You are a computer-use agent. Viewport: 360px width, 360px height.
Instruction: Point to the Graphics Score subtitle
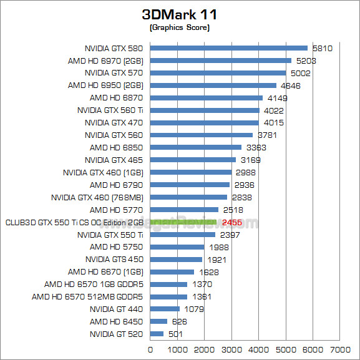click(x=179, y=27)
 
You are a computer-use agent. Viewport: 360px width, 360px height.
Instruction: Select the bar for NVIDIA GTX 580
click(x=229, y=48)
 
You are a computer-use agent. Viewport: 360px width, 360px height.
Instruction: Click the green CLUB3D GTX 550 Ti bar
click(x=183, y=222)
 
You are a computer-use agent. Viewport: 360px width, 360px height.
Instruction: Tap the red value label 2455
click(x=231, y=222)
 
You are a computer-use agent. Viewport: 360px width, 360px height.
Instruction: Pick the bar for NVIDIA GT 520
click(x=157, y=334)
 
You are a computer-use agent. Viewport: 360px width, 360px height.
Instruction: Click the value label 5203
click(x=307, y=61)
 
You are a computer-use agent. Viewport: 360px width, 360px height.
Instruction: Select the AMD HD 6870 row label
click(x=116, y=98)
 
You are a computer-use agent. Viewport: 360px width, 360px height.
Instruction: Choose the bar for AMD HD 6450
click(x=158, y=321)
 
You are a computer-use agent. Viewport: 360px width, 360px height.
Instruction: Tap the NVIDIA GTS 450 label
click(x=114, y=260)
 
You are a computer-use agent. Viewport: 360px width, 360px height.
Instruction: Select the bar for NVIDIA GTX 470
click(x=205, y=122)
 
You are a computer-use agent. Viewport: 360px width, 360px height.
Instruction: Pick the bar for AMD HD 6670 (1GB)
click(x=172, y=272)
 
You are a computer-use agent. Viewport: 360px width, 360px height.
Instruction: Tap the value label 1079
click(x=193, y=309)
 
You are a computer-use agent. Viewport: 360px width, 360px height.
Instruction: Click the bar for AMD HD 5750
click(x=177, y=247)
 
